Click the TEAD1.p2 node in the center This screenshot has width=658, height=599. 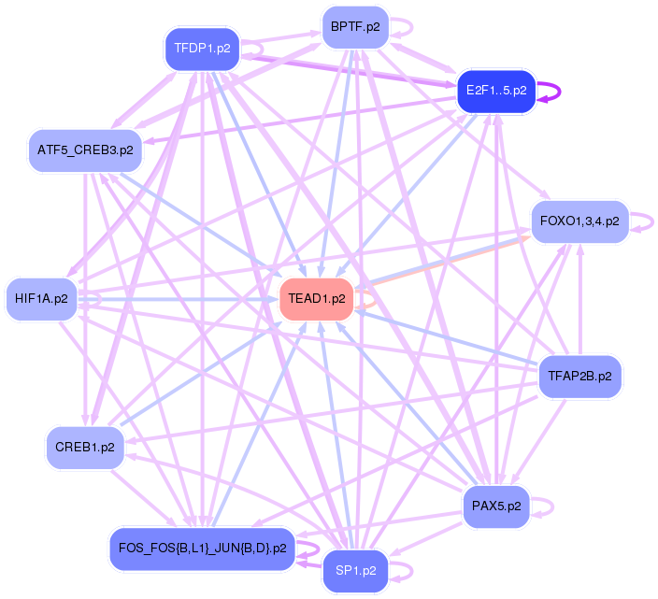pos(317,299)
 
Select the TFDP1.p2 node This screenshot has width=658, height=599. pos(203,49)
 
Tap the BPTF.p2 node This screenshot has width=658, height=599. pos(354,27)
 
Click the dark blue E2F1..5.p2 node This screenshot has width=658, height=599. pos(495,92)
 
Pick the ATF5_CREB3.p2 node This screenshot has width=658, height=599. pos(85,150)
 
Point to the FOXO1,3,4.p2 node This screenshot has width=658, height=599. pos(579,221)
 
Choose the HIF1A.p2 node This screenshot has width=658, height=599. pos(41,299)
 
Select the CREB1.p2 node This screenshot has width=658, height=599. pos(84,448)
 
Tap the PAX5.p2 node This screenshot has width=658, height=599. pos(496,506)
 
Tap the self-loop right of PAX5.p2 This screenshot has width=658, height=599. pos(551,506)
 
